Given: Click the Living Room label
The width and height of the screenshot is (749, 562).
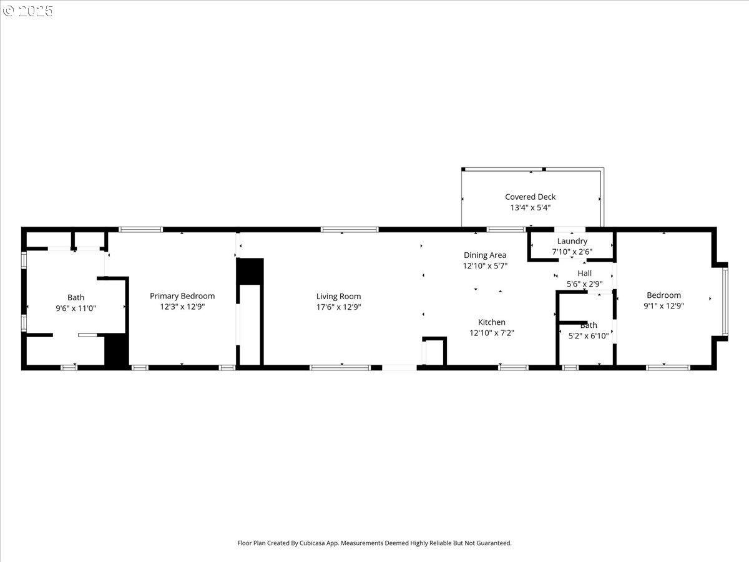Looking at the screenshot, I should tap(338, 297).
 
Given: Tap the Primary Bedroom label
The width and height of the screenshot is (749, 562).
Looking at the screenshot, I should tap(182, 296).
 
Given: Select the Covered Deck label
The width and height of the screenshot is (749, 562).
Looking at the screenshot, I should tap(530, 197).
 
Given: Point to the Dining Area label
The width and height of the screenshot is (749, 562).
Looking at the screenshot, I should tap(485, 255).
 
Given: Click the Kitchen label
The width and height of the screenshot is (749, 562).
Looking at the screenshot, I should tap(492, 322).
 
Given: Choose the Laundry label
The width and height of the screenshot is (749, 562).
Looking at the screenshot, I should tap(572, 241).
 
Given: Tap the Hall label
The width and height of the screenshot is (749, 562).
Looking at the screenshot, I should tap(584, 274).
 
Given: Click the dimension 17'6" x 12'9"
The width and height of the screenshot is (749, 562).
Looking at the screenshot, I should tap(338, 307).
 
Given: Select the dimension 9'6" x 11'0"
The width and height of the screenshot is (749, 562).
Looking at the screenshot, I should tap(76, 308).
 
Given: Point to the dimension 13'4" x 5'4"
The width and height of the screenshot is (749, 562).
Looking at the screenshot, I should tap(530, 207).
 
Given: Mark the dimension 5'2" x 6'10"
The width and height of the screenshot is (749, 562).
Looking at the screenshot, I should tap(588, 336).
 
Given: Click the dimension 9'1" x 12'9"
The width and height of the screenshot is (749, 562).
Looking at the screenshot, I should tap(663, 306).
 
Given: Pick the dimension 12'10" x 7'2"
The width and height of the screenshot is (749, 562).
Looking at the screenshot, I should tap(492, 333).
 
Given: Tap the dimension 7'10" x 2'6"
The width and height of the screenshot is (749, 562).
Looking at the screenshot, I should tap(572, 252).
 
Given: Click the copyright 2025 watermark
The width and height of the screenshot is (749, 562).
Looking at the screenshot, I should tap(28, 11).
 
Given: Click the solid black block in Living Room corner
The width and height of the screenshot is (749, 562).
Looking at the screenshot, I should tap(250, 271).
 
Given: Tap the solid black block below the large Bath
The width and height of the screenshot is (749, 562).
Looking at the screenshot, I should tap(116, 350).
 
